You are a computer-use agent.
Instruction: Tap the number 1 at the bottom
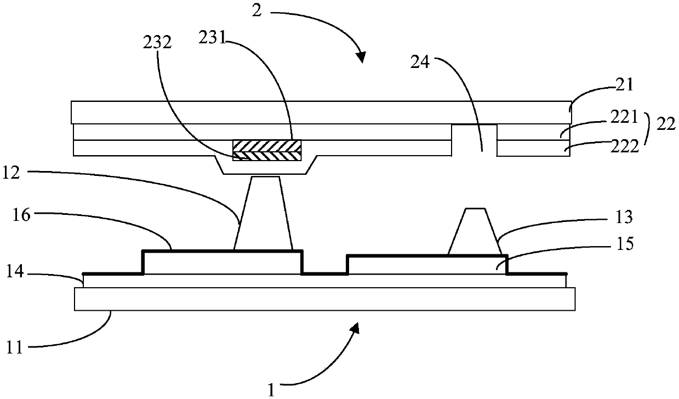(x=271, y=390)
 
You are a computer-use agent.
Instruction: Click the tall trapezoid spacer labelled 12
(x=263, y=214)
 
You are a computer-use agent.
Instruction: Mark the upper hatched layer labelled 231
(x=267, y=146)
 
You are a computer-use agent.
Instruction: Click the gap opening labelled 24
(x=475, y=140)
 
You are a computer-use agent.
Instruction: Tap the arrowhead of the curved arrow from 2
(x=361, y=56)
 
